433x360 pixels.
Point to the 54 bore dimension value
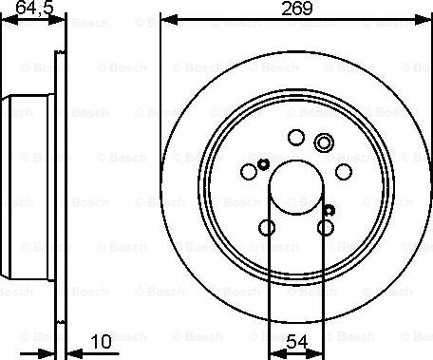297,339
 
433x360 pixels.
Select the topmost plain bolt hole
295,139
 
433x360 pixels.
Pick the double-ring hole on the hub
324,143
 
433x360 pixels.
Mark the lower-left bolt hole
268,227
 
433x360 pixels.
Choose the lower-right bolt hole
326,227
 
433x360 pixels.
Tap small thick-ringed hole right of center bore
329,209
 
